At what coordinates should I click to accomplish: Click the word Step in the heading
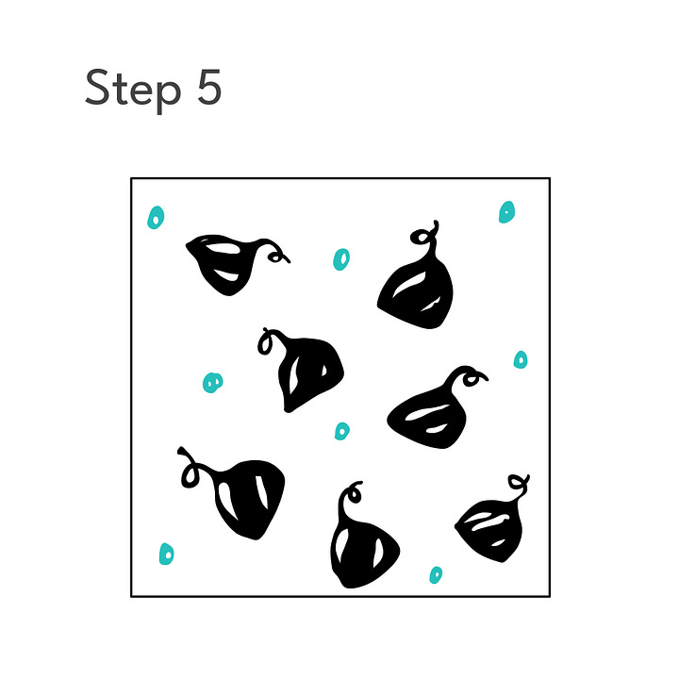(x=133, y=90)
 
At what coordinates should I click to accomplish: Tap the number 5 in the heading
(x=209, y=87)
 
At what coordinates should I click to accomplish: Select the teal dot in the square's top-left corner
(x=156, y=218)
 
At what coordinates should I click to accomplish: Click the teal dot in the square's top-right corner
(x=506, y=212)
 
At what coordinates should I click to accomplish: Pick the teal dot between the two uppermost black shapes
(x=341, y=259)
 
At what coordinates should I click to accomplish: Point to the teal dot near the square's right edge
(x=521, y=360)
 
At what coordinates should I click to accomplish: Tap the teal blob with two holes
(x=212, y=383)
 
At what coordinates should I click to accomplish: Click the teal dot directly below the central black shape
(x=342, y=431)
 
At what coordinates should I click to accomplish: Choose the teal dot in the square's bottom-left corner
(x=167, y=554)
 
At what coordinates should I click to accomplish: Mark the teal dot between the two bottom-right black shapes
(x=436, y=575)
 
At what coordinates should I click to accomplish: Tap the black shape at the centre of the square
(x=307, y=373)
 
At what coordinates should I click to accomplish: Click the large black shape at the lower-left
(x=247, y=498)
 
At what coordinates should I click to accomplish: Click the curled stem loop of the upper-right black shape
(x=419, y=237)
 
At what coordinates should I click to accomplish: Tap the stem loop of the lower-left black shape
(x=190, y=475)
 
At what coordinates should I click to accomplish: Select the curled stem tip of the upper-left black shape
(x=277, y=257)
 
